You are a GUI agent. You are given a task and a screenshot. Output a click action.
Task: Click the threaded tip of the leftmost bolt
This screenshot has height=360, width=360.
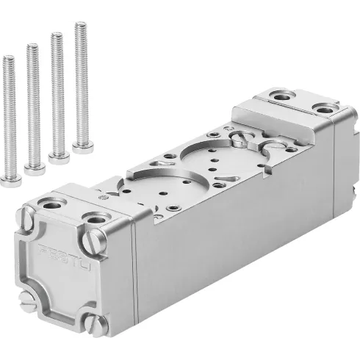(8, 57)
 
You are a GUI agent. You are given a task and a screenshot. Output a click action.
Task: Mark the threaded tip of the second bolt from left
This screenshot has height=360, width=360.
(32, 46)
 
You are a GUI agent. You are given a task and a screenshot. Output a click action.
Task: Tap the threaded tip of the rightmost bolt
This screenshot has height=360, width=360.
(79, 25)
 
